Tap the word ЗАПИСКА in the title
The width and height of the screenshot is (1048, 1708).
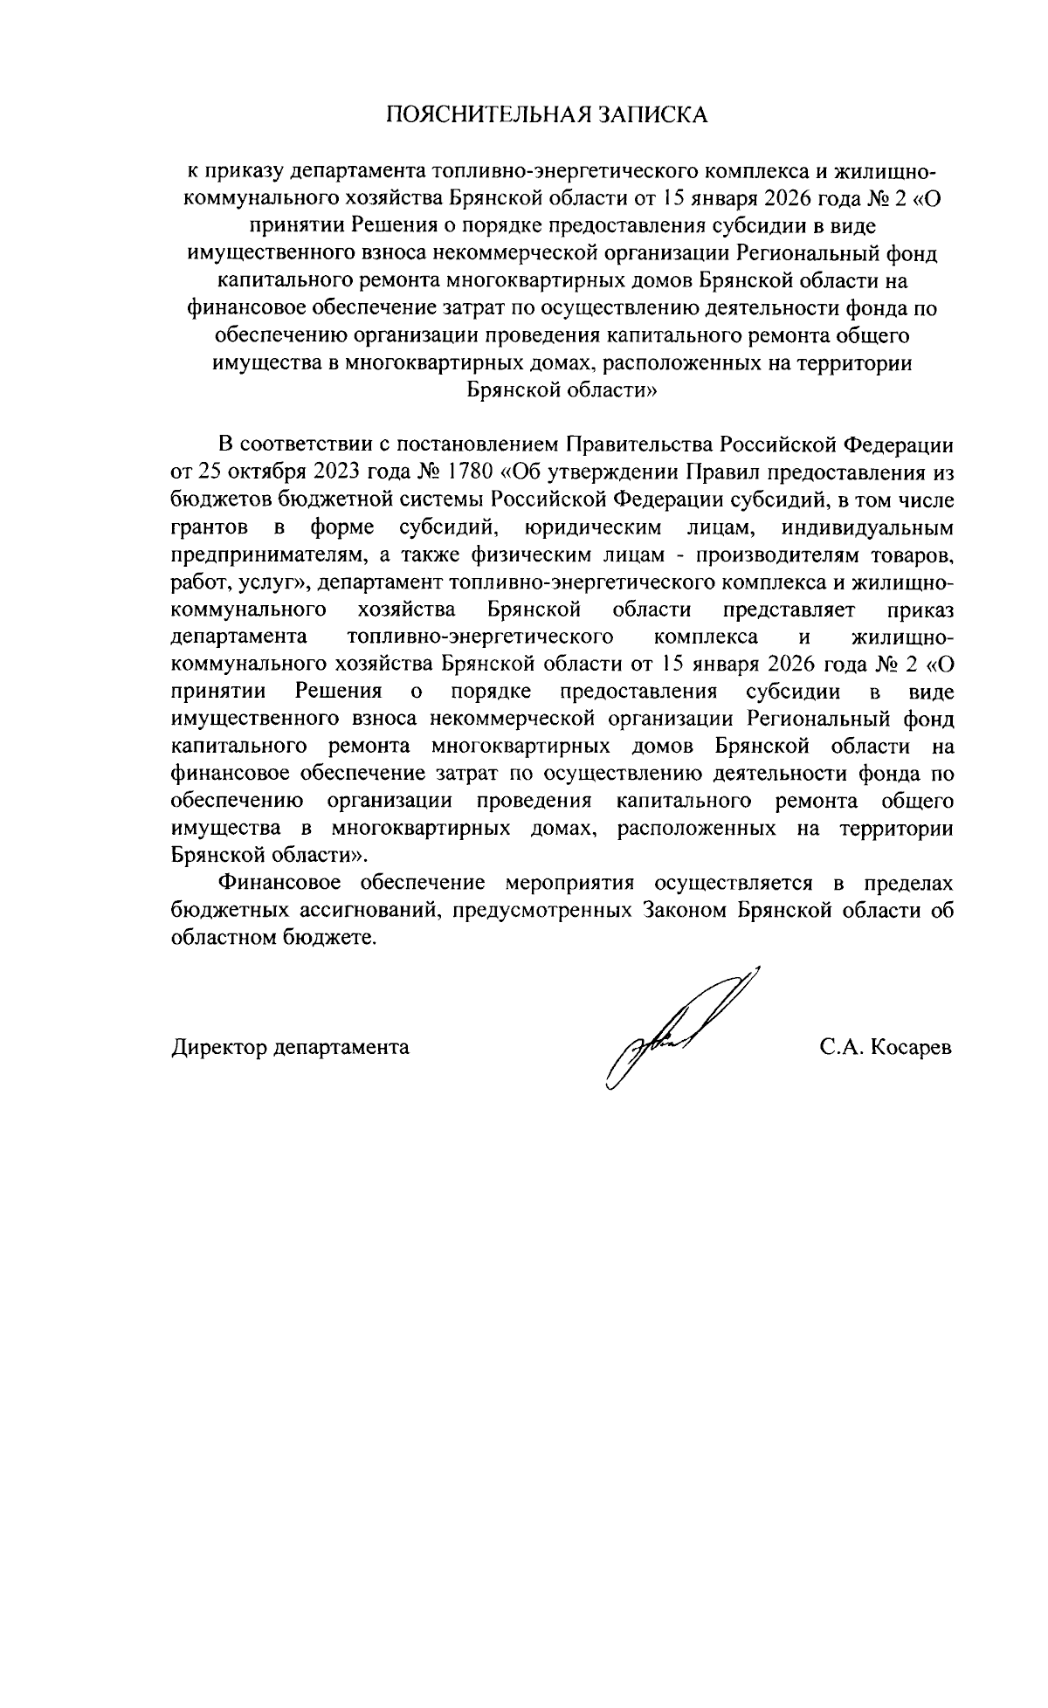tap(652, 115)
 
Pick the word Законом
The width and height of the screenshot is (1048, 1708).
tap(682, 911)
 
